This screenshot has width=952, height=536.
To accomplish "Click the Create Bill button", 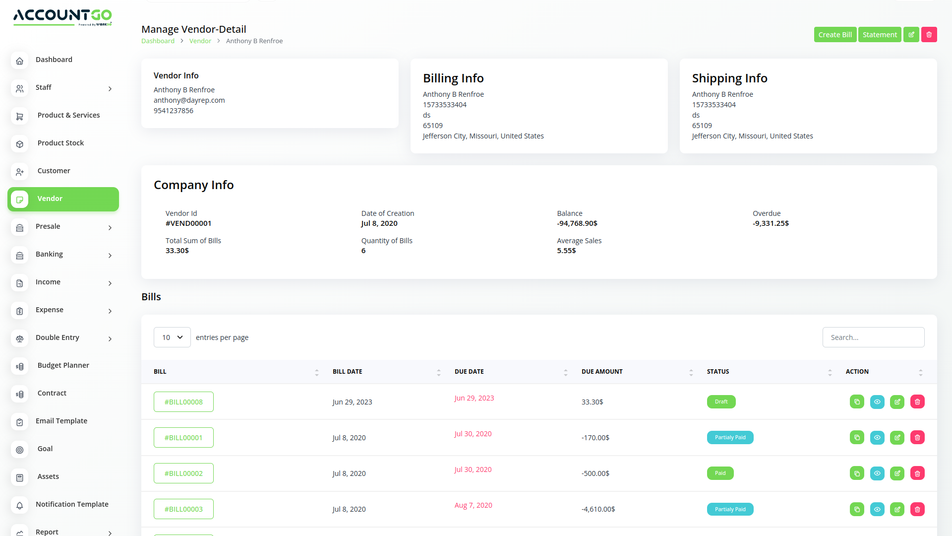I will (835, 35).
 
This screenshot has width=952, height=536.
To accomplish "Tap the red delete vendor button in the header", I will (929, 35).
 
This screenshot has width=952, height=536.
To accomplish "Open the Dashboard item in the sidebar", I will (54, 60).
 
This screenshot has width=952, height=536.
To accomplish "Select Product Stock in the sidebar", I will (60, 143).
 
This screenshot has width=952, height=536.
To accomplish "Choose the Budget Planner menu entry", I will (63, 365).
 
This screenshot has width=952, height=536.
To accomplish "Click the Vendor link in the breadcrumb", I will (200, 41).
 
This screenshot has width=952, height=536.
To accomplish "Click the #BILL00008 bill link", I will (183, 402).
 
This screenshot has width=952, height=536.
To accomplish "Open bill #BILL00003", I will (183, 509).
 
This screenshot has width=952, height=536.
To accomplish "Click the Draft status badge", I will (721, 402).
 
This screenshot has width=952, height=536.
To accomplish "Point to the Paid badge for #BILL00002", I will (720, 473).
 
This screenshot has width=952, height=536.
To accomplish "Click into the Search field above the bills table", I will (873, 337).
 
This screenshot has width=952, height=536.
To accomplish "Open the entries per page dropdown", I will (172, 337).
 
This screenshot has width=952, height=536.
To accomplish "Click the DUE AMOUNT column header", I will (602, 372).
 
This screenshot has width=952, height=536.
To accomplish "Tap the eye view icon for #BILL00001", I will (877, 438).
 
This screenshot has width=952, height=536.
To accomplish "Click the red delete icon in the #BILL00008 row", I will (917, 402).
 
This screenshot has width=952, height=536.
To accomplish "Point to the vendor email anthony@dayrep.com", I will (189, 100).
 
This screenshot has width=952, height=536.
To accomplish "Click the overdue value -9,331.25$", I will (771, 223).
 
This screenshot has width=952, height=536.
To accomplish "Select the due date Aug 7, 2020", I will (473, 505).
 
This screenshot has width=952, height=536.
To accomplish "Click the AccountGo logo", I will (62, 17).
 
